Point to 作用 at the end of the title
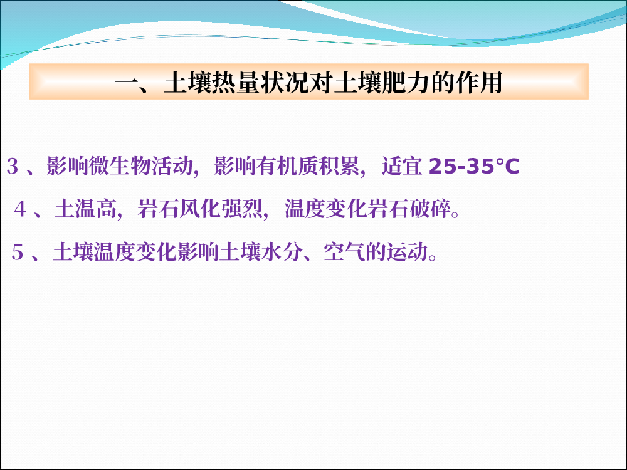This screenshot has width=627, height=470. point(479,83)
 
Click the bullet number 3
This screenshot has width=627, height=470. point(13,166)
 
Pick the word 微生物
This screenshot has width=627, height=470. point(120,166)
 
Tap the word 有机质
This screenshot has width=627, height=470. point(287,166)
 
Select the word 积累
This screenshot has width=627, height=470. point(339,166)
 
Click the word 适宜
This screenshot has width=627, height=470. point(403,166)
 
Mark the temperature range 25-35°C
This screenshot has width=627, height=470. point(474,166)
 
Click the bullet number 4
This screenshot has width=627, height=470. point(20,209)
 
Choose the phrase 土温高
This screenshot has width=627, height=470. point(85,209)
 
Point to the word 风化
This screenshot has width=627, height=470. point(200,209)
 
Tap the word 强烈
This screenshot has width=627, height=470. point(241,209)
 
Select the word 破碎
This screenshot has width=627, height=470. point(429,209)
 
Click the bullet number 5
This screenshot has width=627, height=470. point(18,252)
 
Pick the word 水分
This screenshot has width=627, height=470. point(282,252)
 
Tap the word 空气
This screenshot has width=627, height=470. point(344,252)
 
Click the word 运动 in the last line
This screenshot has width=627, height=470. point(407,252)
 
